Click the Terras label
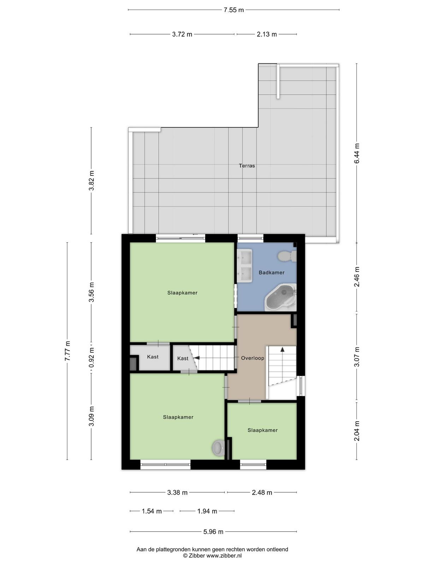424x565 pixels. coord(247,166)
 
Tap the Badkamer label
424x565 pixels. coord(272,272)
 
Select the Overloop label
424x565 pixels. coord(253,358)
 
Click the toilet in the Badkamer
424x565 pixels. coord(287,256)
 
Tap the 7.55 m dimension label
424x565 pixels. coord(234,10)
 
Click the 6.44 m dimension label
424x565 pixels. coord(357,153)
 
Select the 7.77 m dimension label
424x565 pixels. coord(67,351)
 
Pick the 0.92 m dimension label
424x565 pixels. coord(92,358)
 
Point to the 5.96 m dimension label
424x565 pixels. coord(213,531)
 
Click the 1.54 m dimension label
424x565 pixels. coord(152,511)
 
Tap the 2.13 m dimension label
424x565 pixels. coord(267,34)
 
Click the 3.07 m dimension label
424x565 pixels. coord(357,357)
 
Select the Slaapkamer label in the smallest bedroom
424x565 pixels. coord(263,430)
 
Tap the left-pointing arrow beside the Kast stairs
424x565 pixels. coord(197,358)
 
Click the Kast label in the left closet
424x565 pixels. coord(153,357)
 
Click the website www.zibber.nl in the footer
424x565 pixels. coord(224,555)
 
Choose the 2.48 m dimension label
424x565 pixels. coord(262,493)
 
